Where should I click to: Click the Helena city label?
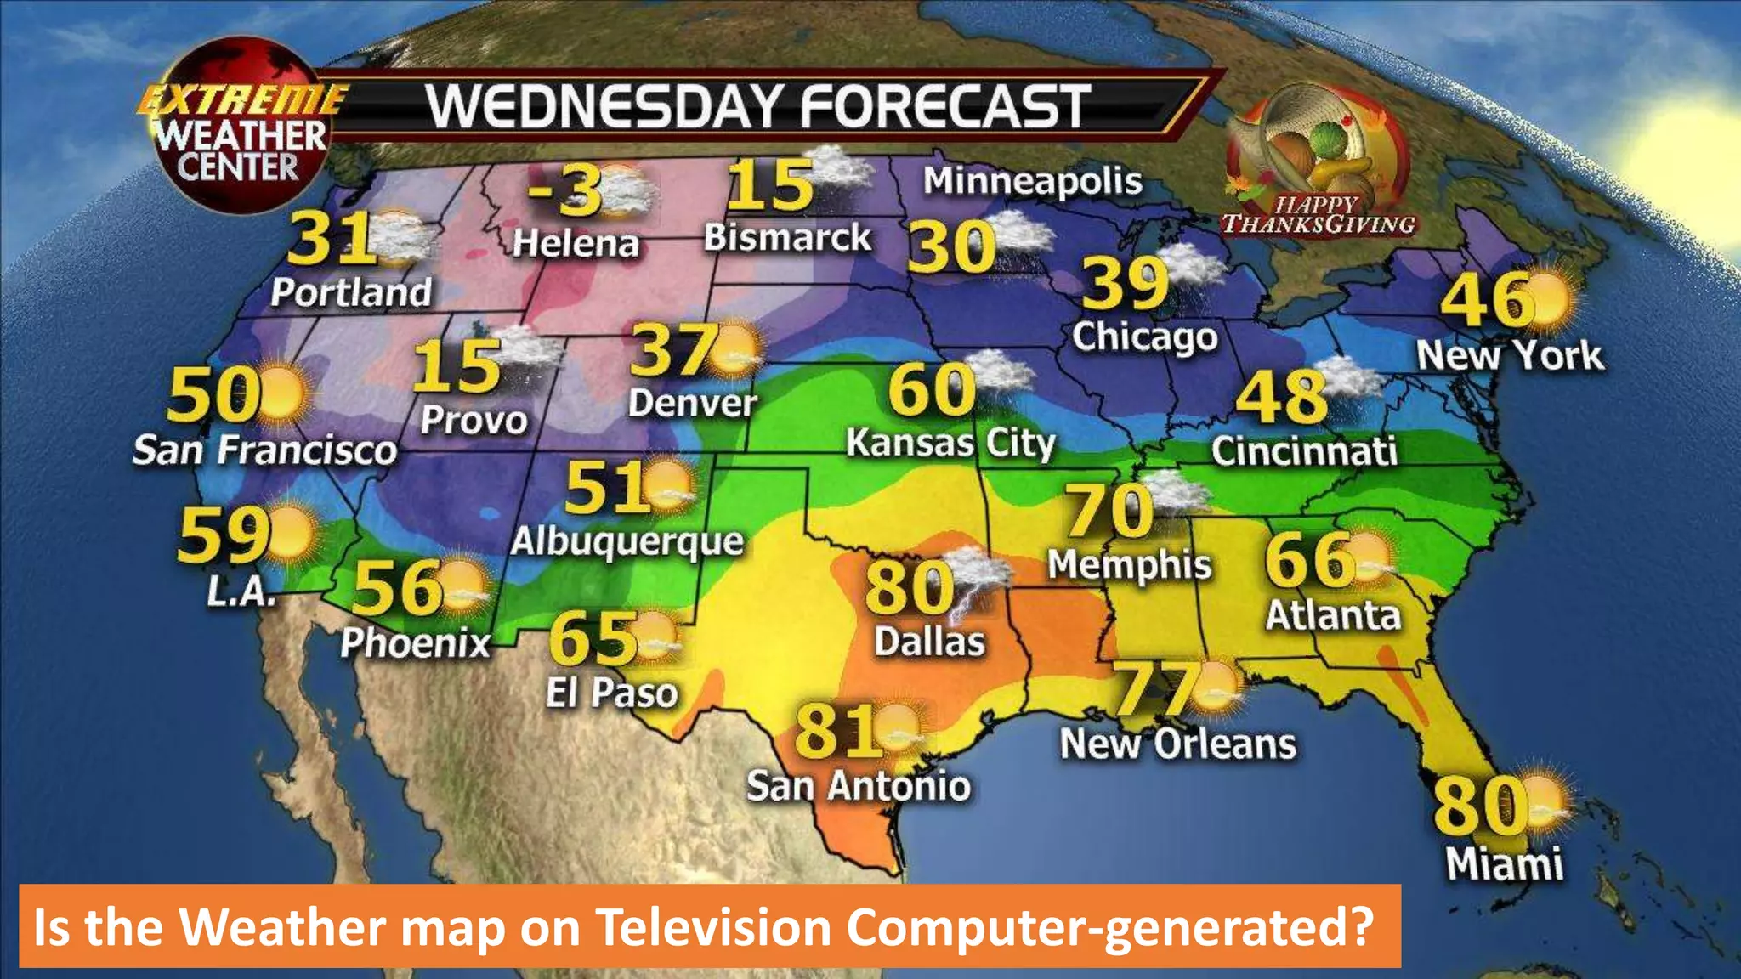tap(576, 244)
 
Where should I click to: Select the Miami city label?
tap(1505, 864)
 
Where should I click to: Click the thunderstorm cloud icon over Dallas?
tap(978, 578)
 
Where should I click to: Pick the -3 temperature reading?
tap(564, 190)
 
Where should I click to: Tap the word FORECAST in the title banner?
tap(945, 107)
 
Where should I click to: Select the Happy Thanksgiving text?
tap(1319, 215)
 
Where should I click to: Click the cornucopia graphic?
tap(1313, 140)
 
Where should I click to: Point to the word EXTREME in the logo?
tap(242, 100)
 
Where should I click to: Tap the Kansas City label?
tap(950, 443)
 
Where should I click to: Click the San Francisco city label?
tap(264, 450)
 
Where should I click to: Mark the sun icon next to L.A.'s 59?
tap(290, 533)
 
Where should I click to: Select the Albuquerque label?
tap(627, 541)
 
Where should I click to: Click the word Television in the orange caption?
tap(713, 926)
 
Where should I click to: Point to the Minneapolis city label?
tap(1033, 181)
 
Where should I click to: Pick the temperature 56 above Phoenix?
tap(398, 587)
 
